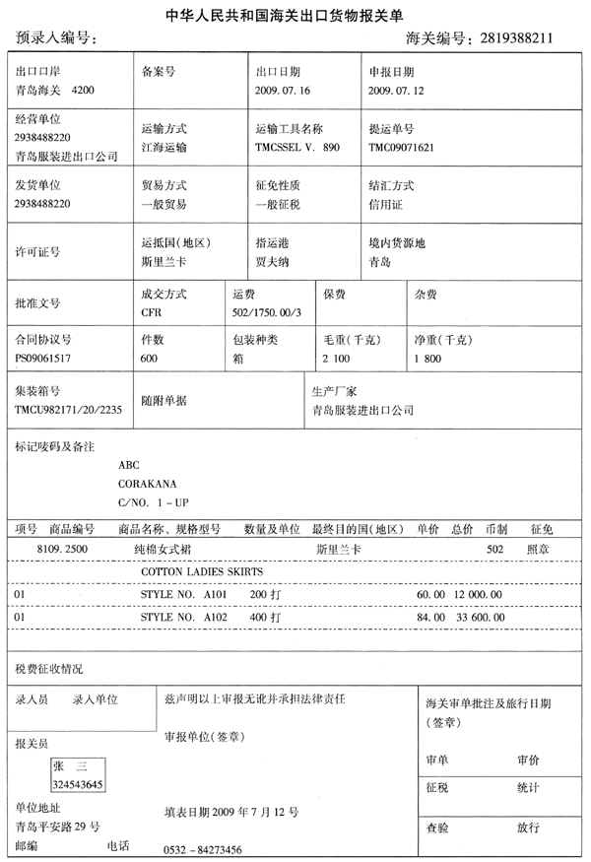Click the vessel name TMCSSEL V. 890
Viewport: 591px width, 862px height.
point(296,147)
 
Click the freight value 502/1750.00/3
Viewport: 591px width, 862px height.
point(266,312)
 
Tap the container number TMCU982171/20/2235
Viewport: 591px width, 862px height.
point(68,408)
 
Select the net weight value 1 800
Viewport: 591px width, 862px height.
point(428,359)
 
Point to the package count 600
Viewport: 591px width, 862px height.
point(150,359)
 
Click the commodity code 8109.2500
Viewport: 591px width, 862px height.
point(62,547)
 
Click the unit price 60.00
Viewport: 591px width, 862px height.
point(431,594)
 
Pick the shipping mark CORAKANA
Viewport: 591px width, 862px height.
point(147,484)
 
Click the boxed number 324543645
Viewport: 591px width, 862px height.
point(78,783)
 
